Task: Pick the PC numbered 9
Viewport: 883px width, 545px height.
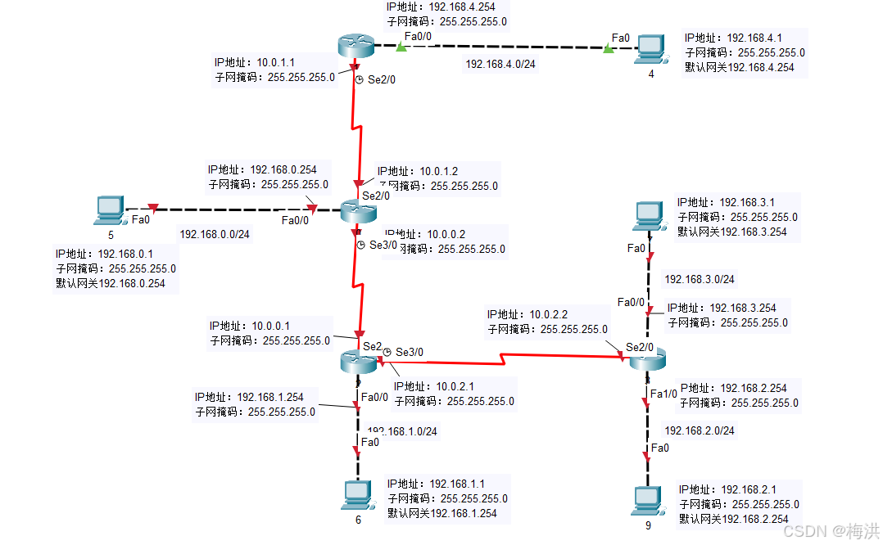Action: click(648, 499)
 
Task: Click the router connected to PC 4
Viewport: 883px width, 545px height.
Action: click(355, 46)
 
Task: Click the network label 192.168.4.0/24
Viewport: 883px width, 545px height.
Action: click(500, 64)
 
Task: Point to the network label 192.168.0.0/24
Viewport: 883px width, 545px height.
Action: click(215, 234)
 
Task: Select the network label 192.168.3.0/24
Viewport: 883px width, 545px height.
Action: click(700, 279)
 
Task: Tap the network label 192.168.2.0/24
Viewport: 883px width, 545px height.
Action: click(700, 430)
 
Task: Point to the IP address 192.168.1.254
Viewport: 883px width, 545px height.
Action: click(270, 397)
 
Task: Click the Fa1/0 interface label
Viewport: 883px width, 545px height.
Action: click(663, 394)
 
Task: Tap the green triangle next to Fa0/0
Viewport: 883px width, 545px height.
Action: click(401, 47)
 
